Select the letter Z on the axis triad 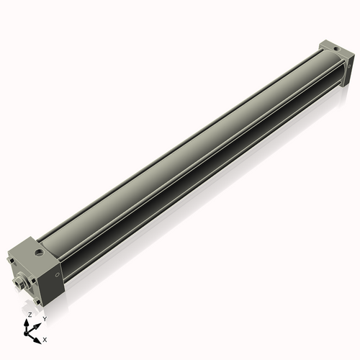tap(30, 315)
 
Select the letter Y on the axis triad tap(45, 318)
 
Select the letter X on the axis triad tap(45, 338)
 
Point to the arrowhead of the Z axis tap(29, 322)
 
